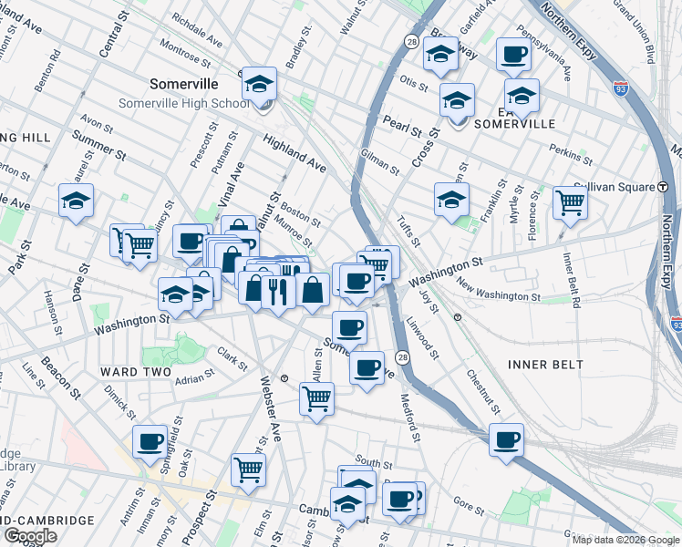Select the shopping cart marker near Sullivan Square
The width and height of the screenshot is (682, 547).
(570, 201)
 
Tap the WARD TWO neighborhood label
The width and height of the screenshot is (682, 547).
(131, 372)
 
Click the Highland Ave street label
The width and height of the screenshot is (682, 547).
(294, 151)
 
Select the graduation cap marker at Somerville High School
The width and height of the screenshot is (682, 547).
(259, 85)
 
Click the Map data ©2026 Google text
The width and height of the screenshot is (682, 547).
(625, 540)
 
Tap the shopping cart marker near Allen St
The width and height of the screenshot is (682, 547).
(316, 398)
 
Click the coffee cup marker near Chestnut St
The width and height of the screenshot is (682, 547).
(506, 439)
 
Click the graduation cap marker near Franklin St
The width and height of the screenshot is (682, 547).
(451, 199)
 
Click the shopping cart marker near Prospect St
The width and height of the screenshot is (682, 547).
(247, 470)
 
